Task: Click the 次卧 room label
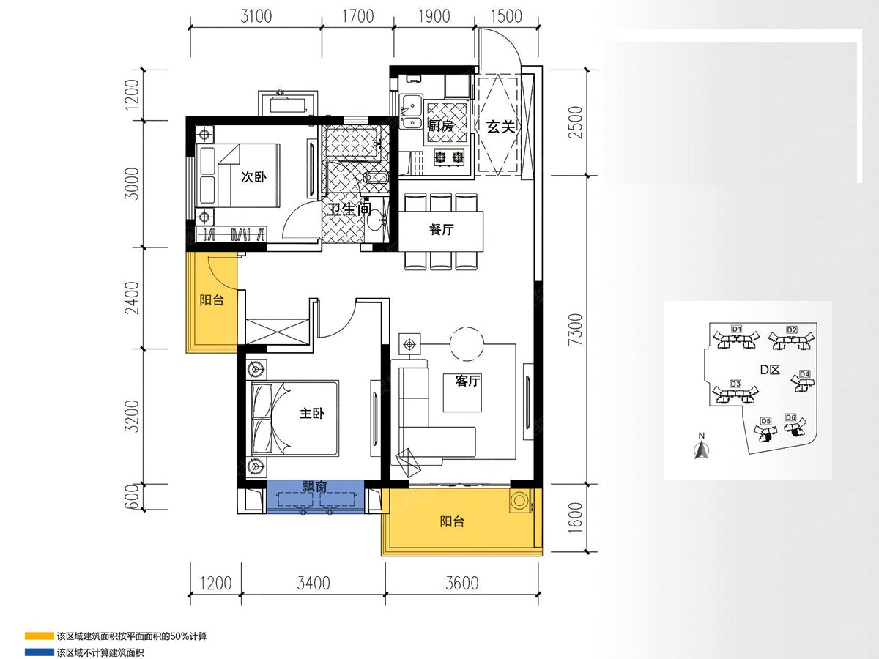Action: (254, 176)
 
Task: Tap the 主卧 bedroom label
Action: (312, 413)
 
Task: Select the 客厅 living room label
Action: (468, 381)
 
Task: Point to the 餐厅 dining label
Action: (441, 229)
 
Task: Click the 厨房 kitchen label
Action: (440, 126)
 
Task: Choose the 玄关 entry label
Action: (500, 127)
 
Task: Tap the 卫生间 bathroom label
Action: (349, 209)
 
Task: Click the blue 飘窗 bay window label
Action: (315, 486)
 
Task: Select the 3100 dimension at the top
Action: (256, 16)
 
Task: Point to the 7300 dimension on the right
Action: (575, 329)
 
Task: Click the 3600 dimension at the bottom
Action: (462, 584)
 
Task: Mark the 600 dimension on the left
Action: (132, 497)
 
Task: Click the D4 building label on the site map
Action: (804, 373)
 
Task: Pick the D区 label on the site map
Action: (770, 370)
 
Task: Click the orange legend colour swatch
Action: (40, 636)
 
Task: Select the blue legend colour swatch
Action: (40, 652)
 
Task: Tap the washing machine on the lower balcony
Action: (520, 501)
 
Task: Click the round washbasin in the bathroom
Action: (376, 223)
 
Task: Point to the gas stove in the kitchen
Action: (449, 157)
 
